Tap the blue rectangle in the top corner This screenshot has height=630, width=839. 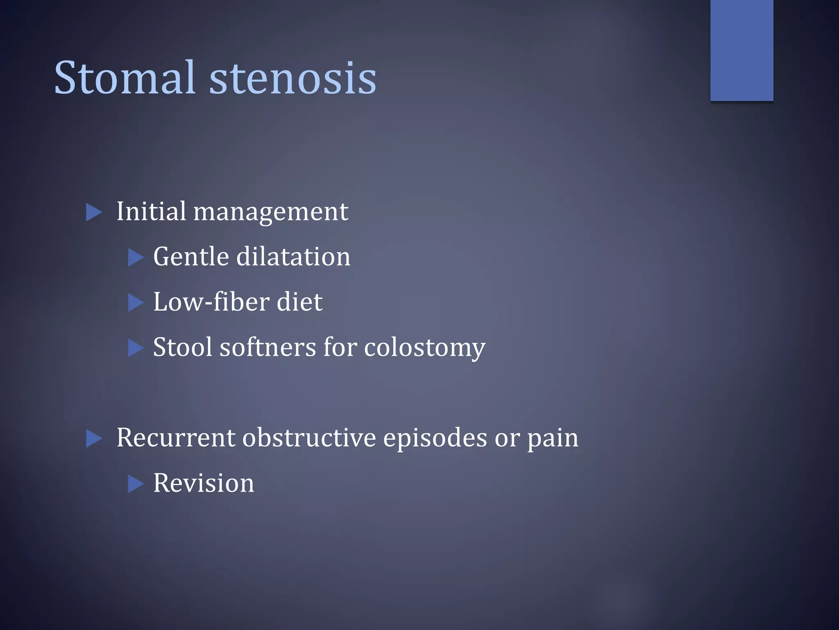pos(741,50)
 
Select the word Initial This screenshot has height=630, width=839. pos(151,212)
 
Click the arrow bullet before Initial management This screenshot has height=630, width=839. pos(94,212)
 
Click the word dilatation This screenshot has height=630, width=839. pos(293,257)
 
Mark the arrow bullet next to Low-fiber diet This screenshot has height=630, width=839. pos(136,303)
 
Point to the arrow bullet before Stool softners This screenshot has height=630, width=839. pos(136,348)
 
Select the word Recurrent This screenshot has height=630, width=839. pos(176,438)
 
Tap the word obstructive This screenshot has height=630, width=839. pos(309,438)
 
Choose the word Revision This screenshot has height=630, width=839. pos(204,483)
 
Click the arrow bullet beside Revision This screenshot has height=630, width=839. pos(136,484)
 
